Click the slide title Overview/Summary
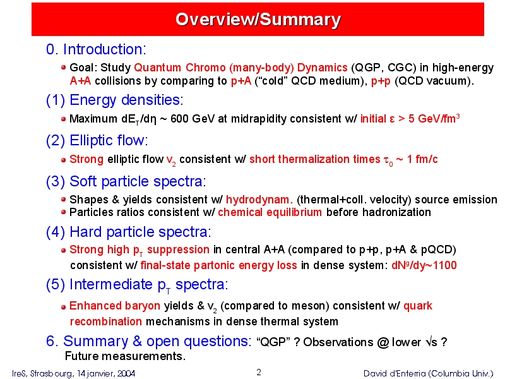point(258,20)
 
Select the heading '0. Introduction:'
point(96,49)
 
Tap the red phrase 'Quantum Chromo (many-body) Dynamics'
point(241,68)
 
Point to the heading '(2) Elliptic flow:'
point(97,140)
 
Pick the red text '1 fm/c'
point(422,159)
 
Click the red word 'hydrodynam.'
point(259,200)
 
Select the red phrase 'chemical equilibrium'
point(270,212)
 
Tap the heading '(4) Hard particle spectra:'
point(129,232)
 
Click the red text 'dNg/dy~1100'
point(424,265)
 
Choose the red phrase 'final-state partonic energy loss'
point(218,265)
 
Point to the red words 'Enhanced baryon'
point(115,306)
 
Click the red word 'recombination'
point(106,322)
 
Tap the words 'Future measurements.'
point(125,356)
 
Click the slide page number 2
point(259,373)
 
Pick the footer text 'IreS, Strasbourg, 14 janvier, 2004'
point(74,373)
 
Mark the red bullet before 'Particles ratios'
point(63,212)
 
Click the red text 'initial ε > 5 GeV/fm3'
point(410,119)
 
